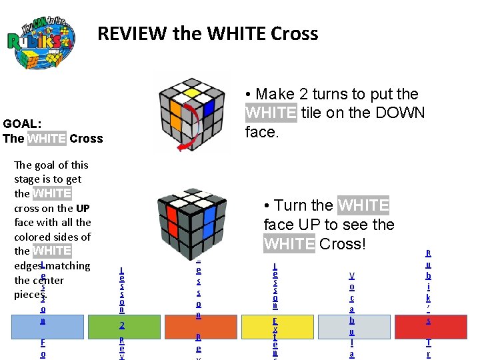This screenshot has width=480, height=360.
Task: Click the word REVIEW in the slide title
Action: (133, 33)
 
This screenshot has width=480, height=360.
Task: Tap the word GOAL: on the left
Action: (22, 123)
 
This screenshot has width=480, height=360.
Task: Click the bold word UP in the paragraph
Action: (83, 208)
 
